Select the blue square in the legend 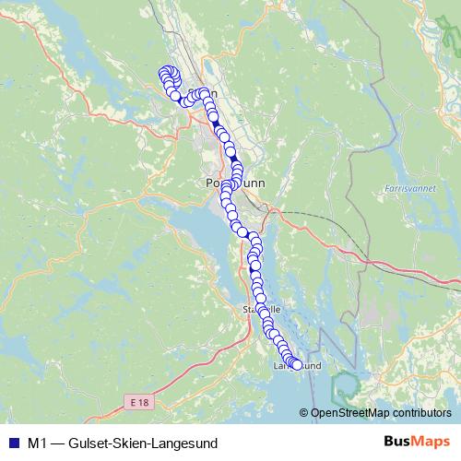coord(12,443)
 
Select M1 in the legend coord(38,443)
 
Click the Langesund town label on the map coord(297,366)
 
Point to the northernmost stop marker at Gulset coord(167,72)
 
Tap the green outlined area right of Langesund coord(348,384)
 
